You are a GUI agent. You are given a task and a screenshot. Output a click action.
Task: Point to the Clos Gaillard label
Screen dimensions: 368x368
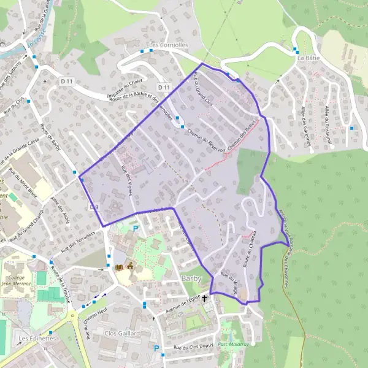(123, 334)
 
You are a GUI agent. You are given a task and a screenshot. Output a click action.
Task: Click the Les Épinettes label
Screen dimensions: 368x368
(37, 338)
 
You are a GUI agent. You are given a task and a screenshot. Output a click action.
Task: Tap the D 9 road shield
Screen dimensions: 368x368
(94, 207)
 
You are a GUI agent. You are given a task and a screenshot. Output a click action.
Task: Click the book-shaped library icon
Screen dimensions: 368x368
(119, 267)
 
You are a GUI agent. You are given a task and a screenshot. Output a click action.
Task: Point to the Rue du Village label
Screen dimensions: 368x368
(228, 283)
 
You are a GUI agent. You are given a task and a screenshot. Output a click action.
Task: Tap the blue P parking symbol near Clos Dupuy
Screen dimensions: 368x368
(156, 349)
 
